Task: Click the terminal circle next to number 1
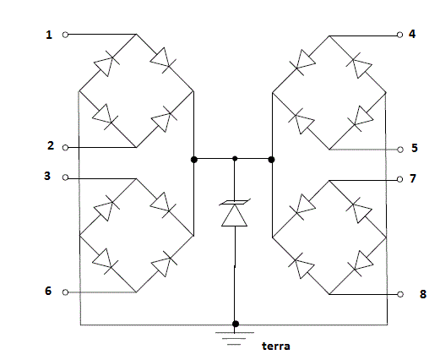pyautogui.click(x=65, y=35)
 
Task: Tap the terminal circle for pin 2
pyautogui.click(x=65, y=147)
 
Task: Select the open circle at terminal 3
pyautogui.click(x=65, y=177)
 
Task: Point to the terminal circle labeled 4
pyautogui.click(x=399, y=35)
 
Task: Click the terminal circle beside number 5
pyautogui.click(x=400, y=150)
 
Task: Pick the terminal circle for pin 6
pyautogui.click(x=65, y=292)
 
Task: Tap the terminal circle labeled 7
pyautogui.click(x=399, y=179)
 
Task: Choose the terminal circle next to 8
pyautogui.click(x=400, y=294)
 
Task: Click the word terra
pyautogui.click(x=276, y=346)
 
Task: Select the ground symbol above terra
pyautogui.click(x=235, y=338)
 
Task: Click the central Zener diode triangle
pyautogui.click(x=234, y=215)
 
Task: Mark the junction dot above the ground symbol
pyautogui.click(x=236, y=324)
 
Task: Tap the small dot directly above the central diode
pyautogui.click(x=235, y=159)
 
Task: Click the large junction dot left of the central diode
pyautogui.click(x=194, y=160)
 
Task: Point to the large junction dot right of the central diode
pyautogui.click(x=271, y=160)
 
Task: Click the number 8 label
pyautogui.click(x=423, y=294)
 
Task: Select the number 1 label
pyautogui.click(x=49, y=35)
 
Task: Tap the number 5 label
pyautogui.click(x=415, y=148)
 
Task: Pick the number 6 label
pyautogui.click(x=48, y=291)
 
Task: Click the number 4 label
pyautogui.click(x=412, y=34)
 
